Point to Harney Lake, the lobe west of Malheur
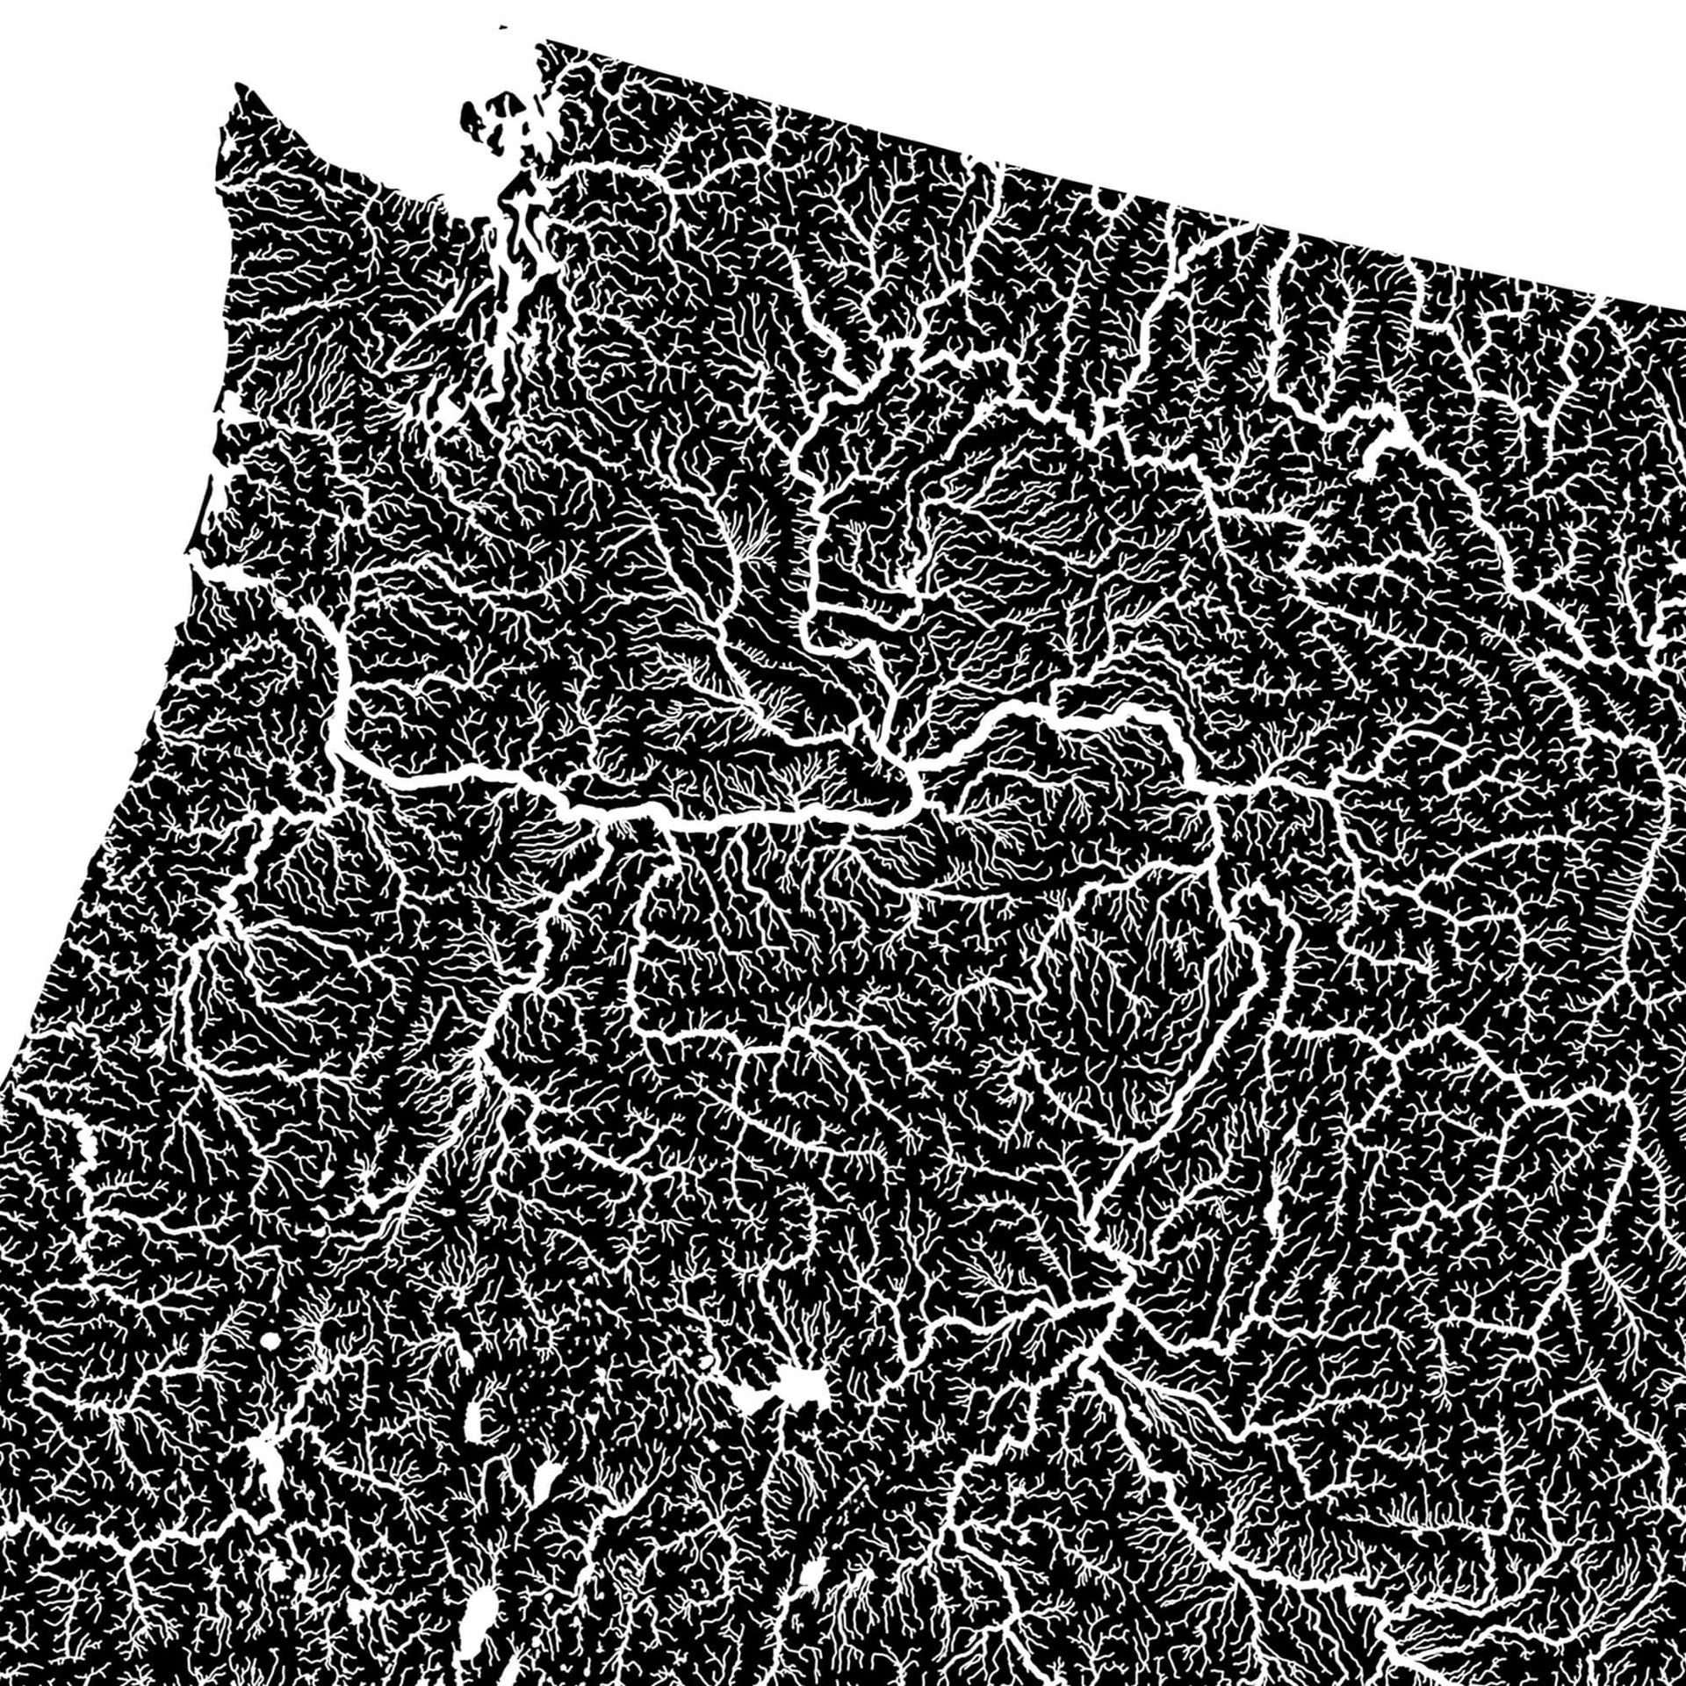[751, 1396]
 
